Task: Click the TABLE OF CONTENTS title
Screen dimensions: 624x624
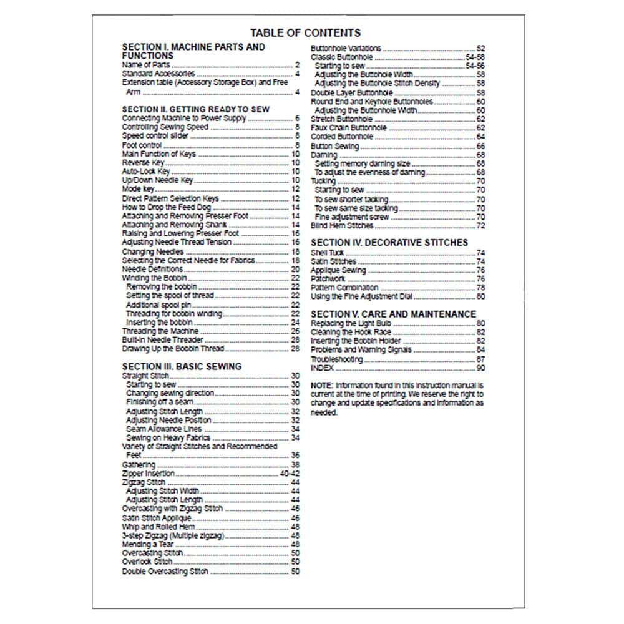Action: click(305, 33)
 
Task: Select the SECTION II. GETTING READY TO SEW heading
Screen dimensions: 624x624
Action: click(195, 109)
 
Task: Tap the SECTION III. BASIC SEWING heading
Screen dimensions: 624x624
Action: click(182, 366)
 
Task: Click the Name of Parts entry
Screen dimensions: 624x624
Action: click(145, 65)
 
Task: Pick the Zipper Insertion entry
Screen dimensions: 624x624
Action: click(149, 474)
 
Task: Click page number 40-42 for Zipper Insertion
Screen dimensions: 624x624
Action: click(289, 474)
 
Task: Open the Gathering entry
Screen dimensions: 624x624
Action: click(139, 465)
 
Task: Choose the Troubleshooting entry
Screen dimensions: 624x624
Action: click(336, 360)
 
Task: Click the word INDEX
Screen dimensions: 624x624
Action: click(322, 369)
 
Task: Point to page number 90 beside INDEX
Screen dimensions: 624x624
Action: click(480, 369)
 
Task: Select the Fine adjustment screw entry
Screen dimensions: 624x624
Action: click(352, 217)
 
